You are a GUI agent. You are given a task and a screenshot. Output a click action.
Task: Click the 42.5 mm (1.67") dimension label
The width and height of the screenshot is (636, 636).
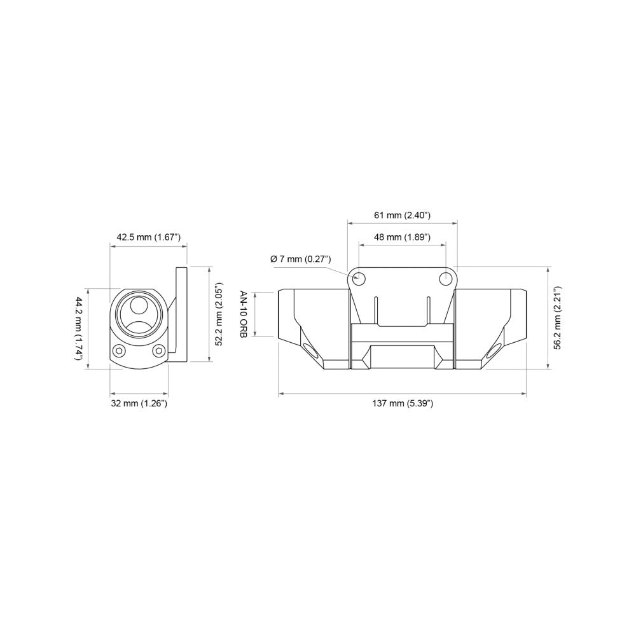pyautogui.click(x=149, y=237)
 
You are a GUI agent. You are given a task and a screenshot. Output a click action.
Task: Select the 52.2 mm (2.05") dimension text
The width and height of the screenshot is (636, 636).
pyautogui.click(x=218, y=314)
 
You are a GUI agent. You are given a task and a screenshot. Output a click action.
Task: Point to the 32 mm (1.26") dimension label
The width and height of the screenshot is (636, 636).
pyautogui.click(x=140, y=403)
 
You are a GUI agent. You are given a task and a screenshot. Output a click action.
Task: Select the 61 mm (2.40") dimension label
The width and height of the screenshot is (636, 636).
pyautogui.click(x=402, y=216)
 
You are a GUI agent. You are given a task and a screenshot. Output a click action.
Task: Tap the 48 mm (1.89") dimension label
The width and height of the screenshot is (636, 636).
pyautogui.click(x=402, y=237)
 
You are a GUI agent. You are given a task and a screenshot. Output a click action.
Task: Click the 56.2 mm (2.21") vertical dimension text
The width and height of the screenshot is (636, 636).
pyautogui.click(x=556, y=317)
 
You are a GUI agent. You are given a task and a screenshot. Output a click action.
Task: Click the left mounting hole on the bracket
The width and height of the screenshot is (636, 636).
pyautogui.click(x=359, y=277)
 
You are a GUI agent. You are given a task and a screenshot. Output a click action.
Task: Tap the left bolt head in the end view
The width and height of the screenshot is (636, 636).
pyautogui.click(x=119, y=350)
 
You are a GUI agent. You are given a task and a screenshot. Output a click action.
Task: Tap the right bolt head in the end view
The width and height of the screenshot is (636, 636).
pyautogui.click(x=159, y=350)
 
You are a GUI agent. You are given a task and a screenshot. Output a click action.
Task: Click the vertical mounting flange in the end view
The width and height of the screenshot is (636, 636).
pyautogui.click(x=181, y=315)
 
